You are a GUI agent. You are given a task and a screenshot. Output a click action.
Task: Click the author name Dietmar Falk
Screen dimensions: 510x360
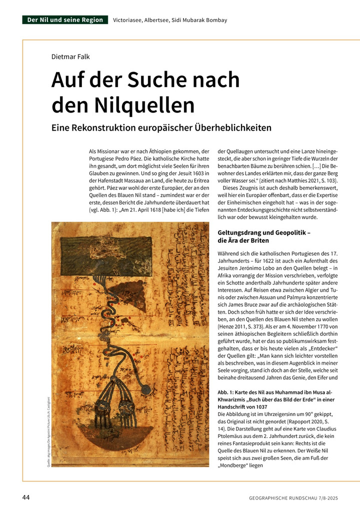click(x=70, y=56)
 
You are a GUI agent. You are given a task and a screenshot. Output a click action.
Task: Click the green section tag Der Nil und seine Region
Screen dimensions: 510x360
click(x=65, y=20)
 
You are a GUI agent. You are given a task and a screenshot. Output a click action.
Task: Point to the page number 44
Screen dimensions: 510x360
click(x=26, y=497)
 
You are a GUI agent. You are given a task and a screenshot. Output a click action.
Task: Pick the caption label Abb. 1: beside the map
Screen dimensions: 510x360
click(x=229, y=392)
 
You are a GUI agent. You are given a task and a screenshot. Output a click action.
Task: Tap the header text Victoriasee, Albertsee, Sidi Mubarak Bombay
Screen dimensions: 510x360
click(x=170, y=21)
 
